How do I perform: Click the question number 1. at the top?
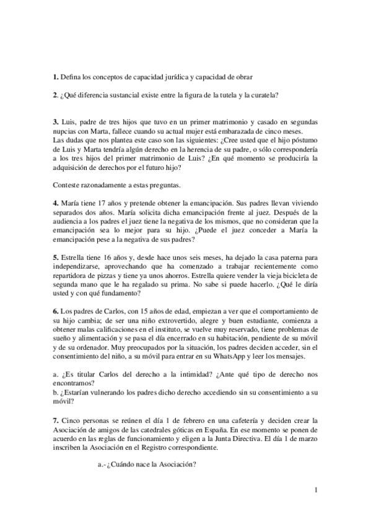click(56, 76)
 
